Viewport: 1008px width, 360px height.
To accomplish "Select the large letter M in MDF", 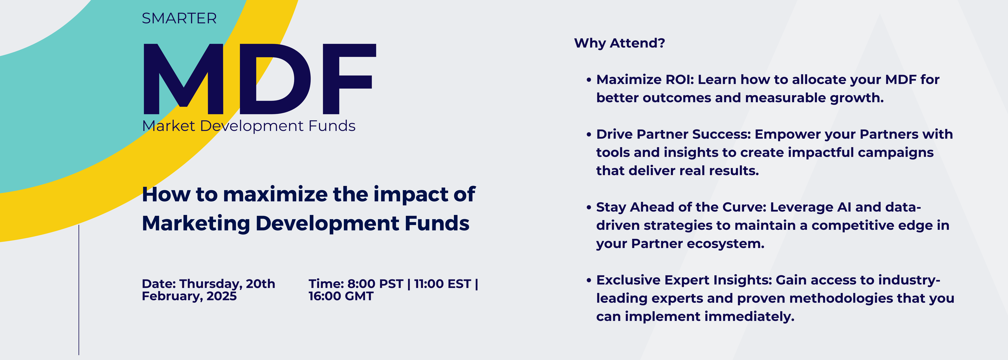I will click(183, 78).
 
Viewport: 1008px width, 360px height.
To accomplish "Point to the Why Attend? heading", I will click(619, 43).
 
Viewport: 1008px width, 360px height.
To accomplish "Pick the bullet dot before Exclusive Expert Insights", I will click(589, 281).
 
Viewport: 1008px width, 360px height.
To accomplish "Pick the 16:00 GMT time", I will click(341, 296).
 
